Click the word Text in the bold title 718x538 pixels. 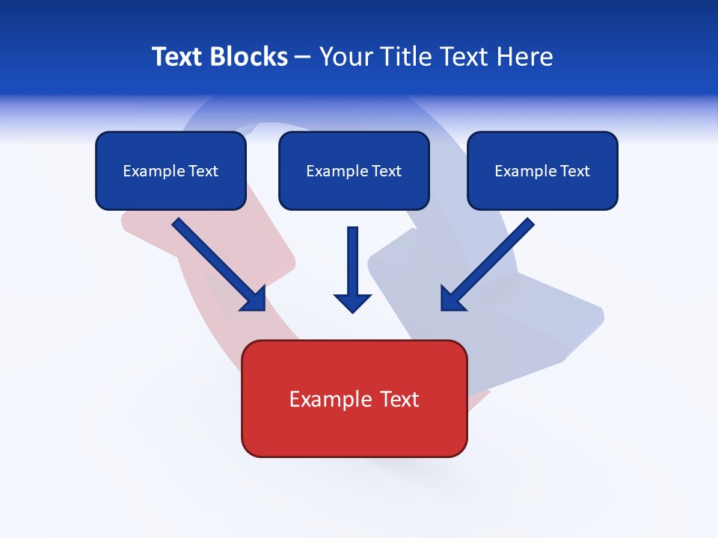coord(177,57)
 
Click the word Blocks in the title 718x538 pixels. coord(248,57)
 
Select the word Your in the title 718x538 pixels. coord(345,57)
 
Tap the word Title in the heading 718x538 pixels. coord(405,57)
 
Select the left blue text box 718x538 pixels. coord(171,170)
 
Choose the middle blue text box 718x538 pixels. coord(354,170)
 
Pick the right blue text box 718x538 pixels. coord(542,170)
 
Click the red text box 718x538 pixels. coord(354,398)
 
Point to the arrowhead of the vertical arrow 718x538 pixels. coord(353,302)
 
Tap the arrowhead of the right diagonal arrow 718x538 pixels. coord(453,298)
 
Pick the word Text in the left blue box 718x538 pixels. coord(203,171)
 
